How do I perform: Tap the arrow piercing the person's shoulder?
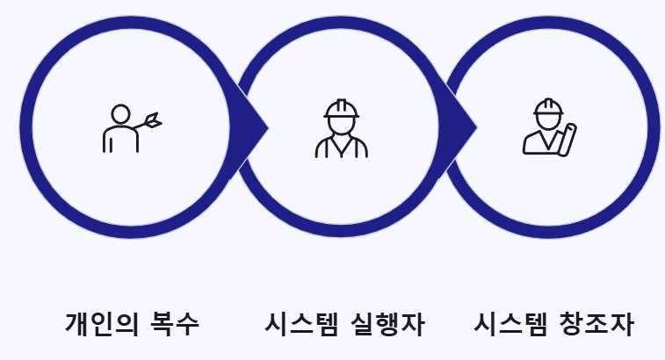(151, 120)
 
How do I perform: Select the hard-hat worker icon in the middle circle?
(341, 128)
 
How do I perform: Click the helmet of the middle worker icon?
(341, 108)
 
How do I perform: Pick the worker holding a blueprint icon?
(549, 128)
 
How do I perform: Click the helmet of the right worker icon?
(548, 108)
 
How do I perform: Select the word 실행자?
(387, 324)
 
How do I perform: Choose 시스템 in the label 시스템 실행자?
(302, 324)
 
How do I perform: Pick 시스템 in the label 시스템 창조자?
(511, 324)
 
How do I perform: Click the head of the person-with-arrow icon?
(121, 114)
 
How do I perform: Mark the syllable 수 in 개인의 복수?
(188, 324)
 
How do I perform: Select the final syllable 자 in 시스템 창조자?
(621, 324)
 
